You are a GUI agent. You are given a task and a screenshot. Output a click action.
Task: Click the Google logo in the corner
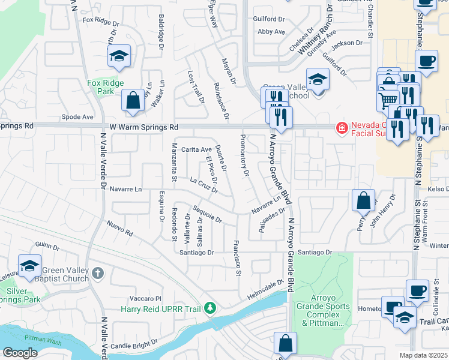(20, 353)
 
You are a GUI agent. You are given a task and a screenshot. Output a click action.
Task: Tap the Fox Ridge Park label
(105, 88)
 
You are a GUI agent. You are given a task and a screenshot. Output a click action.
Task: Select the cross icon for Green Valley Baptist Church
(98, 274)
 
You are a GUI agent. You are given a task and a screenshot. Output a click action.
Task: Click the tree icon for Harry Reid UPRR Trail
(210, 308)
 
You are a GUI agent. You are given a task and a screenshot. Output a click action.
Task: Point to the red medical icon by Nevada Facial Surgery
(342, 127)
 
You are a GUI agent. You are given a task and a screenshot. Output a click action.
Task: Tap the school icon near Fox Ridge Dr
(119, 57)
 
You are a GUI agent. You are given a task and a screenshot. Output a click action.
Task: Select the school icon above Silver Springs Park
(29, 266)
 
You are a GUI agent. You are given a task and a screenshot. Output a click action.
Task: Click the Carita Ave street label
(197, 149)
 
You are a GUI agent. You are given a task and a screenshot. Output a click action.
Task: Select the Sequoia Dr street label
(207, 214)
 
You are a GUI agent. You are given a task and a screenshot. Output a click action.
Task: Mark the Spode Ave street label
(80, 116)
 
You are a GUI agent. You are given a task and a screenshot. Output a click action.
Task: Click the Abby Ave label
(271, 31)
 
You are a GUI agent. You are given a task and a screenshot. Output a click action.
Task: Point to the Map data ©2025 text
(423, 355)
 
